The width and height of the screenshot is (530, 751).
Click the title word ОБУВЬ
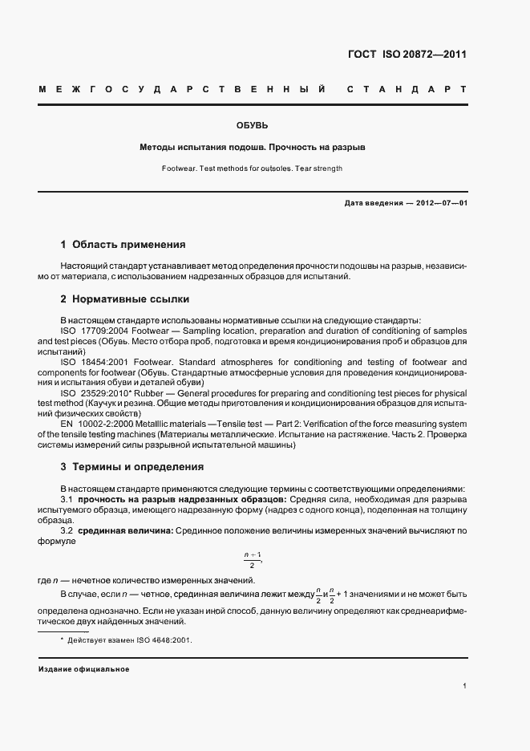point(253,126)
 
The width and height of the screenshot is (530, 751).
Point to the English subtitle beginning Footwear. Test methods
point(253,168)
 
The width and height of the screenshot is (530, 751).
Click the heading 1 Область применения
point(123,244)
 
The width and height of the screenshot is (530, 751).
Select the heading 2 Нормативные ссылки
point(124,299)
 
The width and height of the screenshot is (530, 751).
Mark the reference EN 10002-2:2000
point(100,424)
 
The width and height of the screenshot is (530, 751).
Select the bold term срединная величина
point(124,531)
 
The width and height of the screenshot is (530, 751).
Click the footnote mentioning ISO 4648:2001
point(131,640)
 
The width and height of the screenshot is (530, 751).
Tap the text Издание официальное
point(83,669)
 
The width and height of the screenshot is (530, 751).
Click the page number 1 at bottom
point(464,686)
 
